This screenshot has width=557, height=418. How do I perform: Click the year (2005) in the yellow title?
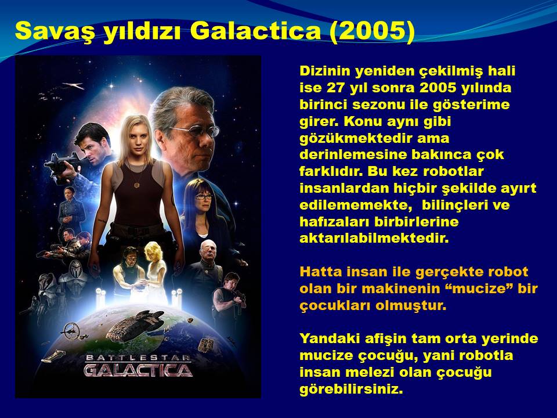point(372,31)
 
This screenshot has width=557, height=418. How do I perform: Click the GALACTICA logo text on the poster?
point(138,370)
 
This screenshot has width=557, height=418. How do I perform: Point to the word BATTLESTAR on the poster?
point(138,357)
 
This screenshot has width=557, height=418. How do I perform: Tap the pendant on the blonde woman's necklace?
point(137,185)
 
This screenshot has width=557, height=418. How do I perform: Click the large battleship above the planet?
point(135,325)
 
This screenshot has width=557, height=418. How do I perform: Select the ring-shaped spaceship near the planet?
point(71,331)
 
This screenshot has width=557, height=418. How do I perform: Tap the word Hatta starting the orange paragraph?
point(321,272)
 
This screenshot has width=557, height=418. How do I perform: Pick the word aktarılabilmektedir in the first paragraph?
point(374,238)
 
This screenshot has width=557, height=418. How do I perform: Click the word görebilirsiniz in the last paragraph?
point(352,389)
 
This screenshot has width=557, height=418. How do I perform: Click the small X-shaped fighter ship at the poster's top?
point(74,86)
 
